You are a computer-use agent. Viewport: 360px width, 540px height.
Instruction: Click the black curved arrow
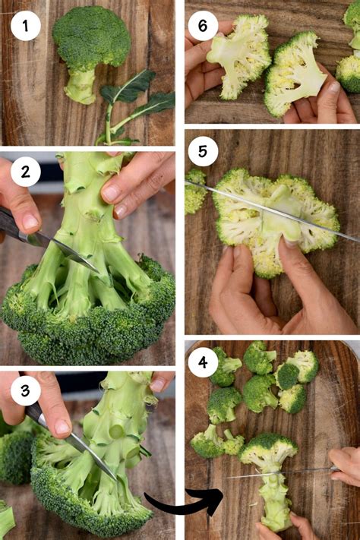[x=182, y=502]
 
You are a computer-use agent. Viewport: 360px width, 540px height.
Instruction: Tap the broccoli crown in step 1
[x=90, y=38]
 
